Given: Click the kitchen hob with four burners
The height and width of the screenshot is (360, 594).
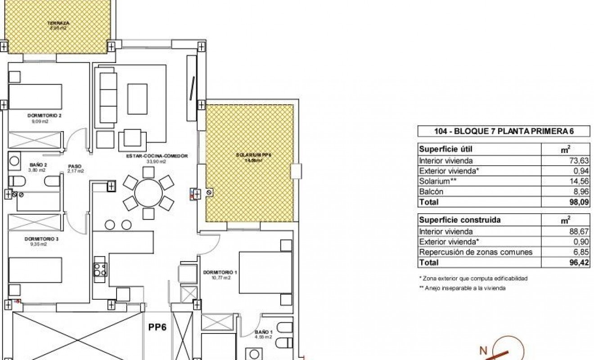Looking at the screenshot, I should (99, 269).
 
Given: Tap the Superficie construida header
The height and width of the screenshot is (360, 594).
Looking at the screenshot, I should (453, 220).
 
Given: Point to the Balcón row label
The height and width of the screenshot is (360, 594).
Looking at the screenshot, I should (431, 192).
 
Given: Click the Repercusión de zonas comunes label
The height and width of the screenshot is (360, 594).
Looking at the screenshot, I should (475, 252).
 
